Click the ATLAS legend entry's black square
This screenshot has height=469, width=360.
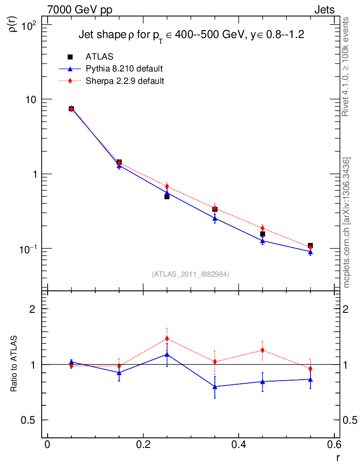(70, 57)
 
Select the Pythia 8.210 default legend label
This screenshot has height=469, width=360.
(124, 69)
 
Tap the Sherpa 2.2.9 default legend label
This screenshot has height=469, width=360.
(125, 81)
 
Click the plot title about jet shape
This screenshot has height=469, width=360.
(191, 35)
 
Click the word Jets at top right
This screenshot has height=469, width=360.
(324, 10)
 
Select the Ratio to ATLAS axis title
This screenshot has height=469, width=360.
(14, 364)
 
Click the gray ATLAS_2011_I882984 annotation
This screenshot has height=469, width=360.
(191, 274)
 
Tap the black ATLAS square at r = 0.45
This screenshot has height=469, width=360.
(262, 234)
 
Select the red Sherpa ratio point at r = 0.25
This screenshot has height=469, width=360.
(167, 338)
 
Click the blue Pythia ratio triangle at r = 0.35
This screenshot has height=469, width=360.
(215, 387)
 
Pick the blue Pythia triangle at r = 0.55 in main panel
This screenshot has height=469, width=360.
(310, 252)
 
